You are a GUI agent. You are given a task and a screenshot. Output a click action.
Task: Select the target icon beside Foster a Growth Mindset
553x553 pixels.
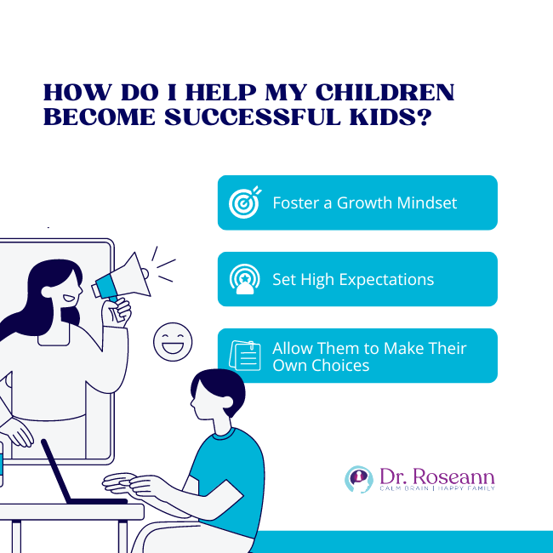point(244,202)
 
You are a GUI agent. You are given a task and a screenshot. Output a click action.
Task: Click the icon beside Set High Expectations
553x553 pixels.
point(244,279)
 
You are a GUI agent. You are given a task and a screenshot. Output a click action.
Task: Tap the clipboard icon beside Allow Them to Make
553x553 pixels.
point(244,356)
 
